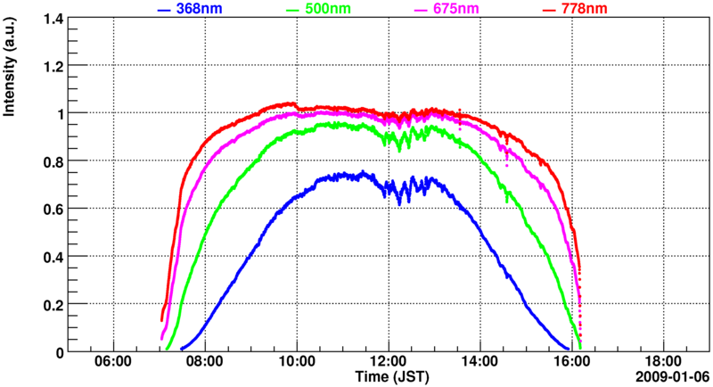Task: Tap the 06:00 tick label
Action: click(x=113, y=363)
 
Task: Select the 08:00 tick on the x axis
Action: click(x=205, y=363)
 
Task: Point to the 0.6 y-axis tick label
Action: click(x=54, y=210)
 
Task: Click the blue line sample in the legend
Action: click(x=163, y=10)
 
